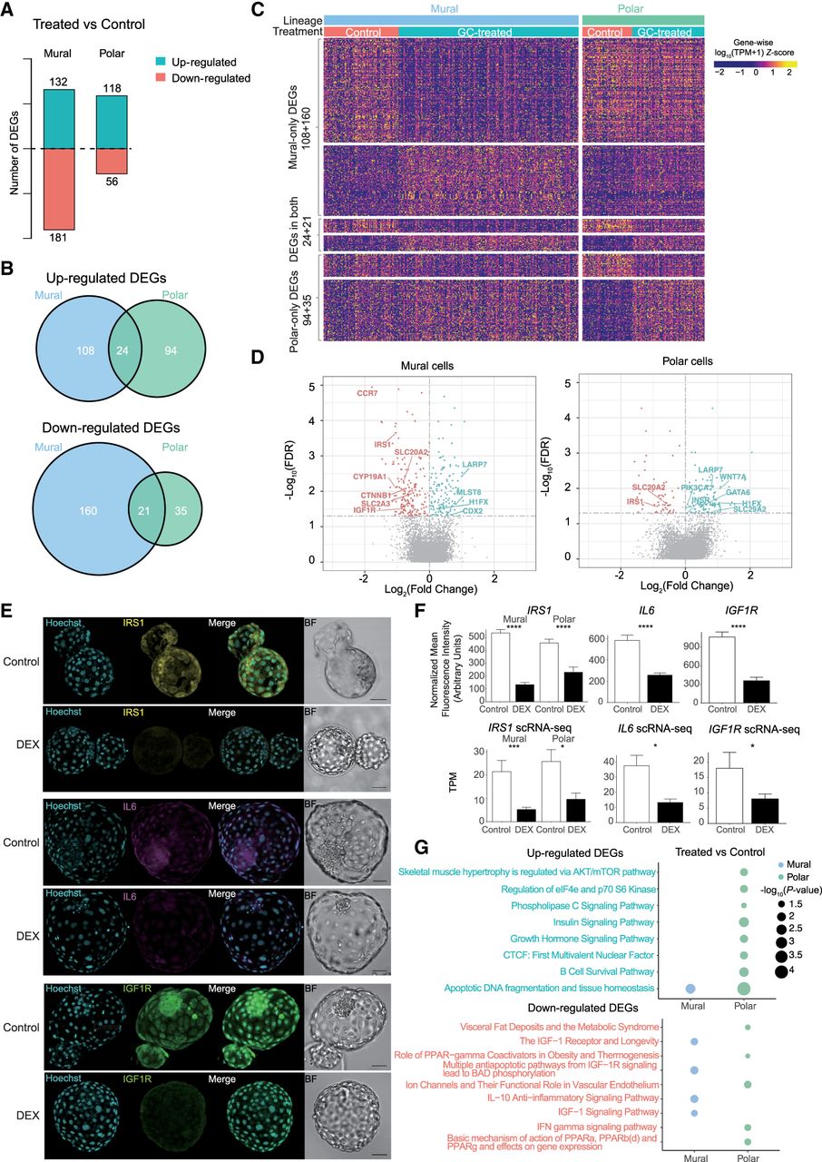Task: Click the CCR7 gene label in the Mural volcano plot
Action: [x=367, y=393]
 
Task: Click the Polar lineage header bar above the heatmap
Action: [x=642, y=19]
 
